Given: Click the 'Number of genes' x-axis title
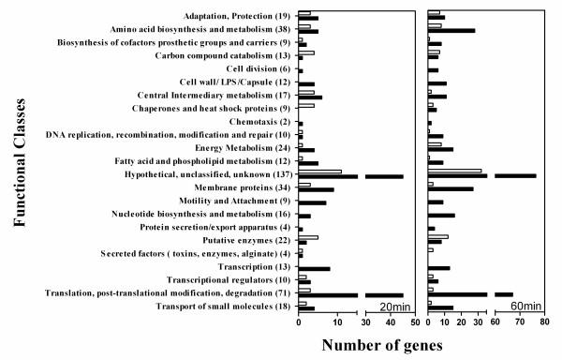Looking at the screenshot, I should click(387, 344).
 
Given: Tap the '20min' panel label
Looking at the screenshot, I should click(392, 307).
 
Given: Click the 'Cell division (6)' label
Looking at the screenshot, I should click(259, 68).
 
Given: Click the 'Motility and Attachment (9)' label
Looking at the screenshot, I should click(229, 201).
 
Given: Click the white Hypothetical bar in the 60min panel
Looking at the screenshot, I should click(454, 171).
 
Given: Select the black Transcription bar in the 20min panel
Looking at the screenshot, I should click(314, 269).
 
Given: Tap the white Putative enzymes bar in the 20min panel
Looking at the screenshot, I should click(308, 237).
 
